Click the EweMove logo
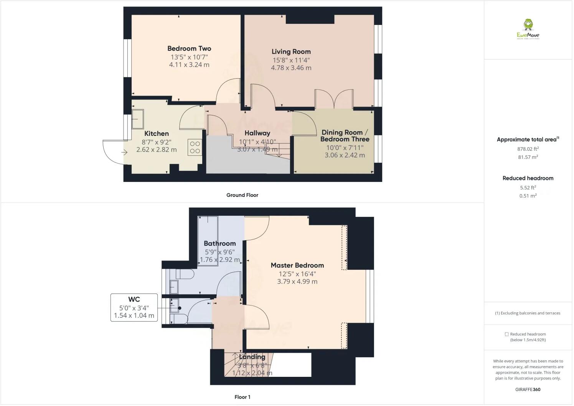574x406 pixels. click(528, 29)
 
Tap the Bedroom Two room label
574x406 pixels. click(189, 48)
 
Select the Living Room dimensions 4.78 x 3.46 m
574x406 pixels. click(291, 68)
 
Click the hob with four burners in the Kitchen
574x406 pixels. click(195, 147)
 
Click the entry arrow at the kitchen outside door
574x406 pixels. click(124, 152)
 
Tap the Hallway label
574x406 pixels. click(257, 133)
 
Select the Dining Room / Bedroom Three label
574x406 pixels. click(345, 136)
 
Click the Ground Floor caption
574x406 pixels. click(242, 195)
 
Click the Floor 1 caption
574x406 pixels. click(242, 397)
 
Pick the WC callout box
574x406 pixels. click(134, 307)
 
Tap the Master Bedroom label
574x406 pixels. click(297, 265)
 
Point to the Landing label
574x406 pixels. click(252, 357)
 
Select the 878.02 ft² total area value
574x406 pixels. click(528, 149)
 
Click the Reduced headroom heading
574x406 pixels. click(528, 178)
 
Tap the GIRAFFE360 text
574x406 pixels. click(528, 389)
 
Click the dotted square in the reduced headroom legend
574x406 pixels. click(506, 334)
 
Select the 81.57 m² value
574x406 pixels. click(528, 157)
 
